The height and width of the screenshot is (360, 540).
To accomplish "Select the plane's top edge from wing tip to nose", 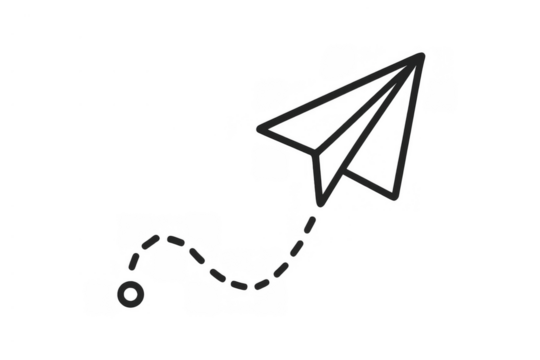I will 340,90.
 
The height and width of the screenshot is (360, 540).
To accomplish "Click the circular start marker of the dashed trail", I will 131,296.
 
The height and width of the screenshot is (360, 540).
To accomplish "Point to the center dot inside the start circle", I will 131,296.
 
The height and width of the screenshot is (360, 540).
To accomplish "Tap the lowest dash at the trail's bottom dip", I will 240,287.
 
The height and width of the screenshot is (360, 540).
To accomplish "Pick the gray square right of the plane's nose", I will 440,96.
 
